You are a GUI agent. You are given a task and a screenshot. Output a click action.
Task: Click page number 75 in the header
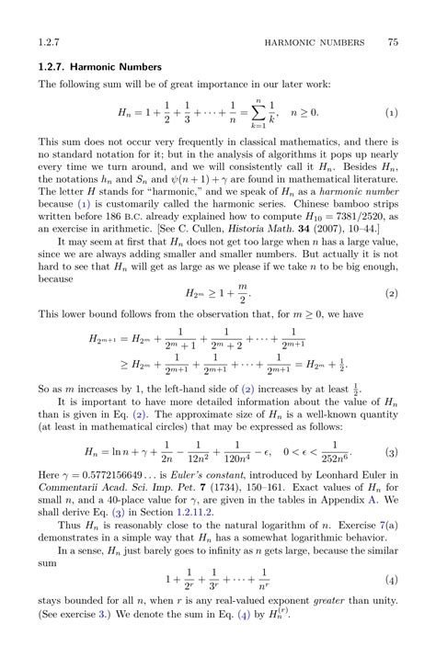click(392, 42)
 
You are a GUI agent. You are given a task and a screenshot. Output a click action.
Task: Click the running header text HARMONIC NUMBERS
click(313, 42)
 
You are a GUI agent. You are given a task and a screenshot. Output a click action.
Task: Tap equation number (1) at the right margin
click(391, 113)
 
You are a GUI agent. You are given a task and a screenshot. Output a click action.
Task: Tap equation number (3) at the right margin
click(391, 453)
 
